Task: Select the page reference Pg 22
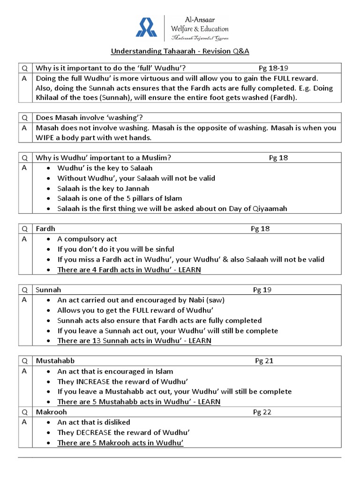pos(262,412)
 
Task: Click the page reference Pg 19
pos(262,290)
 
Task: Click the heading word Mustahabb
pos(55,361)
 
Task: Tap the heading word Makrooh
pos(52,412)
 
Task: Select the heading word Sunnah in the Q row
pos(49,290)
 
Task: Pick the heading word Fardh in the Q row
pos(46,229)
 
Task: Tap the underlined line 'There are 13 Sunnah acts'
pos(134,341)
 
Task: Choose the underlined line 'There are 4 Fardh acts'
pos(129,270)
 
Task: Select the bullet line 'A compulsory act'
pos(87,239)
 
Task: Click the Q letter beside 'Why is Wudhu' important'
pos(25,158)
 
